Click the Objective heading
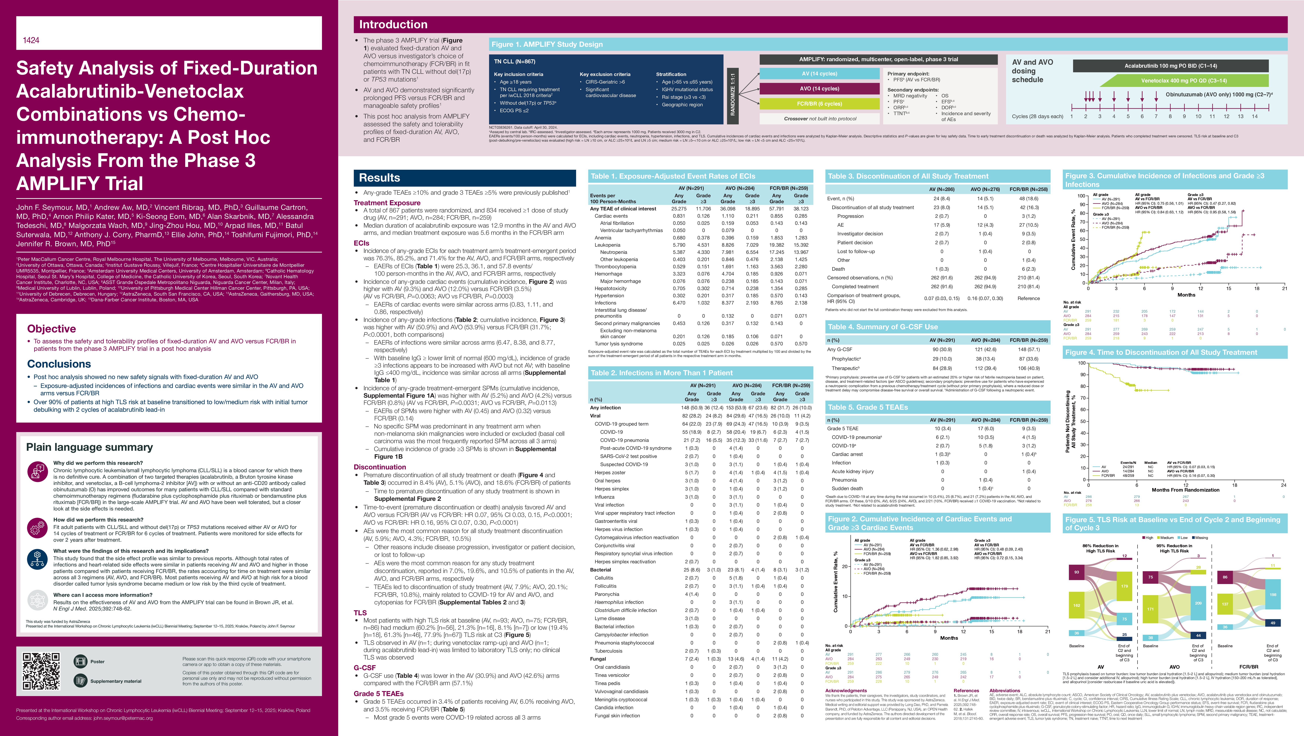click(52, 329)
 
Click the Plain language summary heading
click(89, 447)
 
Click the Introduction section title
click(393, 24)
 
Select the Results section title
click(380, 178)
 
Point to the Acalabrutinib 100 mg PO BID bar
click(1170, 66)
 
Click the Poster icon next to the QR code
click(81, 661)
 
